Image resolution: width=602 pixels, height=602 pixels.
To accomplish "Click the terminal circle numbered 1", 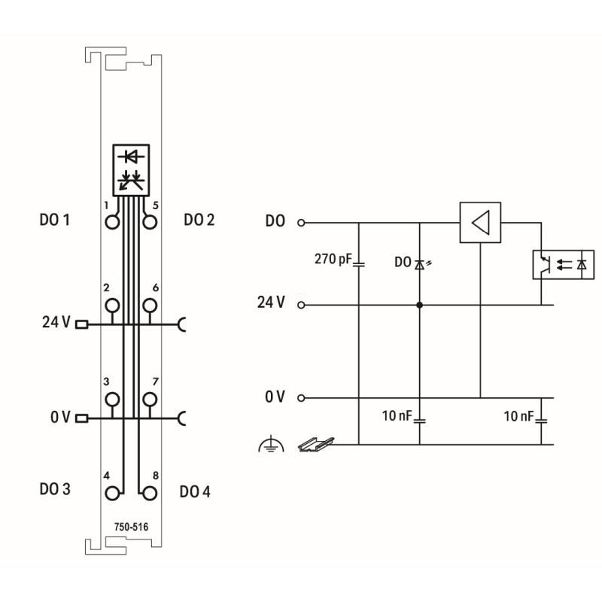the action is pyautogui.click(x=112, y=222).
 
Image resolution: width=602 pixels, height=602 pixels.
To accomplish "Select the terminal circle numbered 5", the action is pyautogui.click(x=150, y=222).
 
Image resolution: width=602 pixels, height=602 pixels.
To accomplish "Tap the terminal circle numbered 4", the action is pyautogui.click(x=112, y=494).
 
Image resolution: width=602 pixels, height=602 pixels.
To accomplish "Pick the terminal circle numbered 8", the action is pyautogui.click(x=150, y=494).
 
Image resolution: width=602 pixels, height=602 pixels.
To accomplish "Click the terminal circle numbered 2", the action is pyautogui.click(x=112, y=306).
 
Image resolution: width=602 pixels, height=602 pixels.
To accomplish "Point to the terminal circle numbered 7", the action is pyautogui.click(x=150, y=400).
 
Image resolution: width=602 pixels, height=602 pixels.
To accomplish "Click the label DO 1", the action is pyautogui.click(x=55, y=220).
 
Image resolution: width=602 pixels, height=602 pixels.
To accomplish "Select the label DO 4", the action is pyautogui.click(x=195, y=492).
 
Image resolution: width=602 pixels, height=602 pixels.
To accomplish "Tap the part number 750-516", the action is pyautogui.click(x=131, y=527).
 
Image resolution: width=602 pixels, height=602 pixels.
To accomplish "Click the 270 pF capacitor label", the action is pyautogui.click(x=333, y=259).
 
